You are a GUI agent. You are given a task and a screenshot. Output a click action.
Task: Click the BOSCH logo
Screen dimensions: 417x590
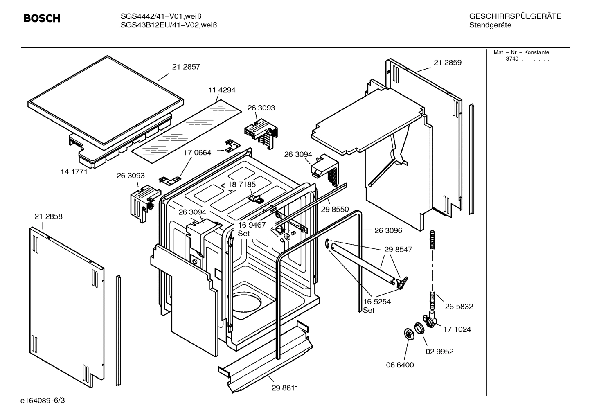(42, 18)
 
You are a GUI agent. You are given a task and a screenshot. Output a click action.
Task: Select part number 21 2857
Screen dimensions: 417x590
(186, 67)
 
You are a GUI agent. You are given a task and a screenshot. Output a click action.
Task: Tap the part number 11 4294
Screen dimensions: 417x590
(222, 90)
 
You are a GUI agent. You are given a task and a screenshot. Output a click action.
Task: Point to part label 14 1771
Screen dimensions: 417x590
(74, 172)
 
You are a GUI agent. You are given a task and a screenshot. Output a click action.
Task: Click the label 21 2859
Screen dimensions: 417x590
(448, 63)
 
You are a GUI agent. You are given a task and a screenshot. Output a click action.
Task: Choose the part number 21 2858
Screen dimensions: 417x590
(49, 216)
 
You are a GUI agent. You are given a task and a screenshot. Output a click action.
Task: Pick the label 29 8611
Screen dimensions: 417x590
(285, 388)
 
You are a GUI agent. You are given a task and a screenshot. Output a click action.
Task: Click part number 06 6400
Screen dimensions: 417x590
(400, 365)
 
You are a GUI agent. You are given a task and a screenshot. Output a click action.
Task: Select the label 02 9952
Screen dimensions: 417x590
(439, 352)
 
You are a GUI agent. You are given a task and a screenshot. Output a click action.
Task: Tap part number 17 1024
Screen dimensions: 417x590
(457, 329)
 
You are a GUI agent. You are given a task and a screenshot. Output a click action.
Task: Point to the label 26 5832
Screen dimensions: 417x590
(459, 307)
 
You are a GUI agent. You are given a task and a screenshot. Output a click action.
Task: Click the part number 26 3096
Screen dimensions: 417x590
(388, 230)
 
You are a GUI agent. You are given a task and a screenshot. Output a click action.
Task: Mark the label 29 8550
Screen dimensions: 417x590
(335, 210)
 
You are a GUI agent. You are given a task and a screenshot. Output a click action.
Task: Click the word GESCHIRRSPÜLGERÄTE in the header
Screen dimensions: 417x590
(515, 16)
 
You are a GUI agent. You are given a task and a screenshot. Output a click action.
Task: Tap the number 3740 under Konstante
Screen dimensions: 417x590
(512, 59)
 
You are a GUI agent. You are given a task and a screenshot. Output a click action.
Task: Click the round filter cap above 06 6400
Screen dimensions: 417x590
(408, 334)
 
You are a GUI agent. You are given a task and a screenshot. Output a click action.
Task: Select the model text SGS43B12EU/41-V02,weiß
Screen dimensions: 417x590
(169, 25)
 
